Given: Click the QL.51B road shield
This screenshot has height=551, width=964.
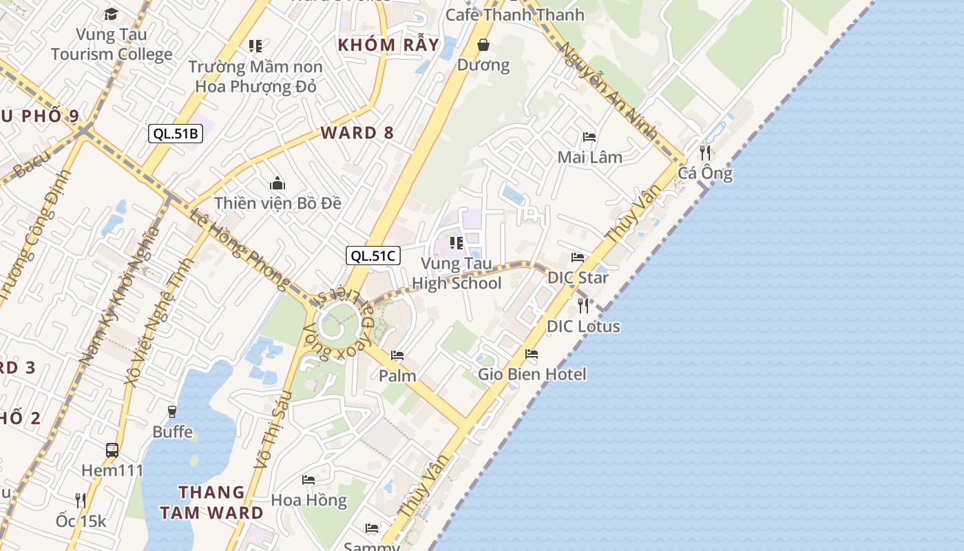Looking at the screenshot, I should [176, 134].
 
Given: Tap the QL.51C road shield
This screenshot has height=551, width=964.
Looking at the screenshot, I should [373, 256].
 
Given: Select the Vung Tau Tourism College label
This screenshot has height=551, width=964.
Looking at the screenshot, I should [112, 44].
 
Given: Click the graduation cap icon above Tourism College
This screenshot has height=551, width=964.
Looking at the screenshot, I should [111, 14].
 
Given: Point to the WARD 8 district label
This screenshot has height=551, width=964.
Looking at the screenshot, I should [357, 133].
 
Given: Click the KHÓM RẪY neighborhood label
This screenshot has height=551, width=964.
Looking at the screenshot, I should [388, 45].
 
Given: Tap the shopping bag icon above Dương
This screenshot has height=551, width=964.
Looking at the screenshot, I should [483, 45].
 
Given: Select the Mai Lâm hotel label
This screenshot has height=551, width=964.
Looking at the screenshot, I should [589, 157].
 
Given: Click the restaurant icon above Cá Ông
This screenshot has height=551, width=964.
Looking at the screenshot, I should [705, 152].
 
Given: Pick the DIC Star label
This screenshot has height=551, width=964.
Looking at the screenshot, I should [578, 278].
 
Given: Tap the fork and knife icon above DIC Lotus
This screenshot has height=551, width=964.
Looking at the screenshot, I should [583, 305].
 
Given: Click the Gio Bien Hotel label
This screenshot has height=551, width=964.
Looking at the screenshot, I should [532, 374].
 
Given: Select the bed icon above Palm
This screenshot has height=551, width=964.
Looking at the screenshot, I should [397, 355].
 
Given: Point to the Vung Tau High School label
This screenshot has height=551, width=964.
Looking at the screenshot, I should [457, 273].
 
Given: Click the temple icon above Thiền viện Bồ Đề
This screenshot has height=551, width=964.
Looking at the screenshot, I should [277, 183].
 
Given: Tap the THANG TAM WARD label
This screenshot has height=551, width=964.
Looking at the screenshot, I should [211, 502].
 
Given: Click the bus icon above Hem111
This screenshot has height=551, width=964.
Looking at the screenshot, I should [112, 450].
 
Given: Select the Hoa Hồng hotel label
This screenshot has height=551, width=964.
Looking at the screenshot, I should [308, 500].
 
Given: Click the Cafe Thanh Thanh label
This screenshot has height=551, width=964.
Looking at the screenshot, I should [514, 14].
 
